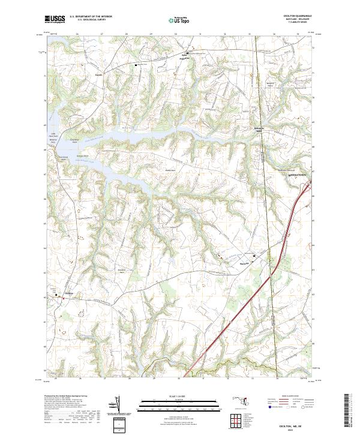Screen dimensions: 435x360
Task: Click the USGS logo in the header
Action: (x=55, y=20)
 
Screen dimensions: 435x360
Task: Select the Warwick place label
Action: (x=243, y=261)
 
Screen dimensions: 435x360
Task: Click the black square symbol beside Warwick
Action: (x=254, y=256)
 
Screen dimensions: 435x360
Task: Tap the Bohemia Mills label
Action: (x=256, y=129)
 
